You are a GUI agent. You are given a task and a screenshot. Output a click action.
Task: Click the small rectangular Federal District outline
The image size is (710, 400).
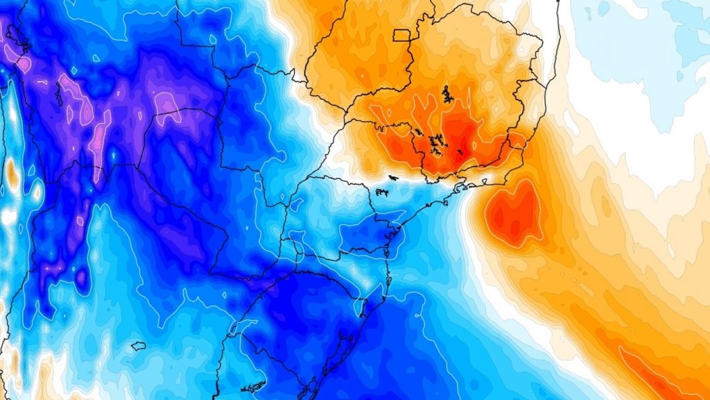pyautogui.click(x=402, y=35)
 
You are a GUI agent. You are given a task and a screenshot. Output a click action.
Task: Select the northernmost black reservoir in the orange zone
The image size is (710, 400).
pyautogui.click(x=446, y=94)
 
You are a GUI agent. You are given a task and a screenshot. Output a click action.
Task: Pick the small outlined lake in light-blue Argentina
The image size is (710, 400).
pyautogui.click(x=137, y=345)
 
